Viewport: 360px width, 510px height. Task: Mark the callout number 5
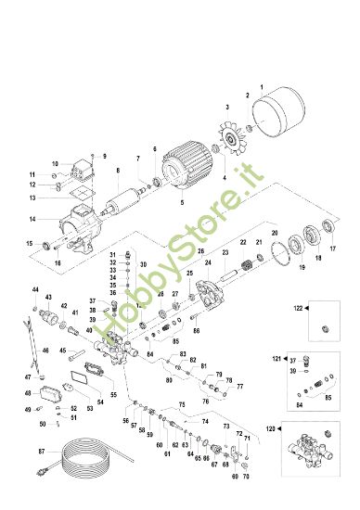[181, 201]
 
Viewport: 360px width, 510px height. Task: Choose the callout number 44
[36, 290]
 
